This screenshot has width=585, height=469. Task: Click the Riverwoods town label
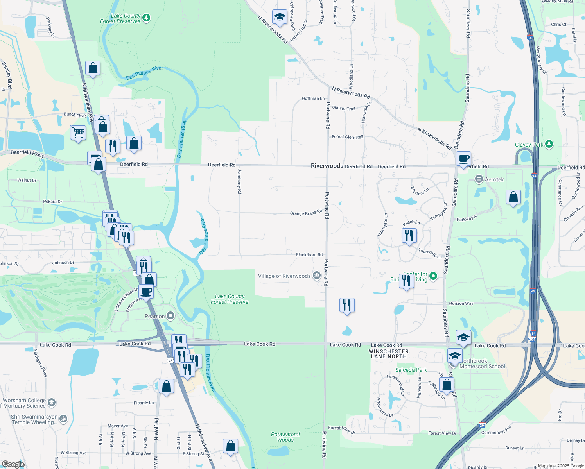327,166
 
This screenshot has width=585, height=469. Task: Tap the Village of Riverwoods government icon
316,276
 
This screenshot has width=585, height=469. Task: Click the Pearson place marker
170,316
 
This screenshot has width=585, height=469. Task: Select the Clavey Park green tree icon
549,144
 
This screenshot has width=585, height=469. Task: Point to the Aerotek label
494,179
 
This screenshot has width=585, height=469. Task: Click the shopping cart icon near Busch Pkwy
78,132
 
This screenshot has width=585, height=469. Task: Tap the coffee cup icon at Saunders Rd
463,159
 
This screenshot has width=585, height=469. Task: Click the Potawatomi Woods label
285,437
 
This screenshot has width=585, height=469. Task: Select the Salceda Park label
411,370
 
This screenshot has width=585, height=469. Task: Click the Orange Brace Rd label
306,213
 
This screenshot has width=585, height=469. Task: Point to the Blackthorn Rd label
309,255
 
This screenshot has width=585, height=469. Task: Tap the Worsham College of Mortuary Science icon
52,402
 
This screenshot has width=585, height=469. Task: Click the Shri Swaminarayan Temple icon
63,419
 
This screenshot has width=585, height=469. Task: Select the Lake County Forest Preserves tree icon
146,18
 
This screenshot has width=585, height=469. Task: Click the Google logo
13,464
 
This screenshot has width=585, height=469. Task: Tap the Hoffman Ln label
313,98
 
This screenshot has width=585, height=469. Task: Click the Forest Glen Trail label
347,137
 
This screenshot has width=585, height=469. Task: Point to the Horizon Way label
461,303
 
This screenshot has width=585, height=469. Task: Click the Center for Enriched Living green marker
433,276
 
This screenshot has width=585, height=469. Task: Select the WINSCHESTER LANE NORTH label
389,354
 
